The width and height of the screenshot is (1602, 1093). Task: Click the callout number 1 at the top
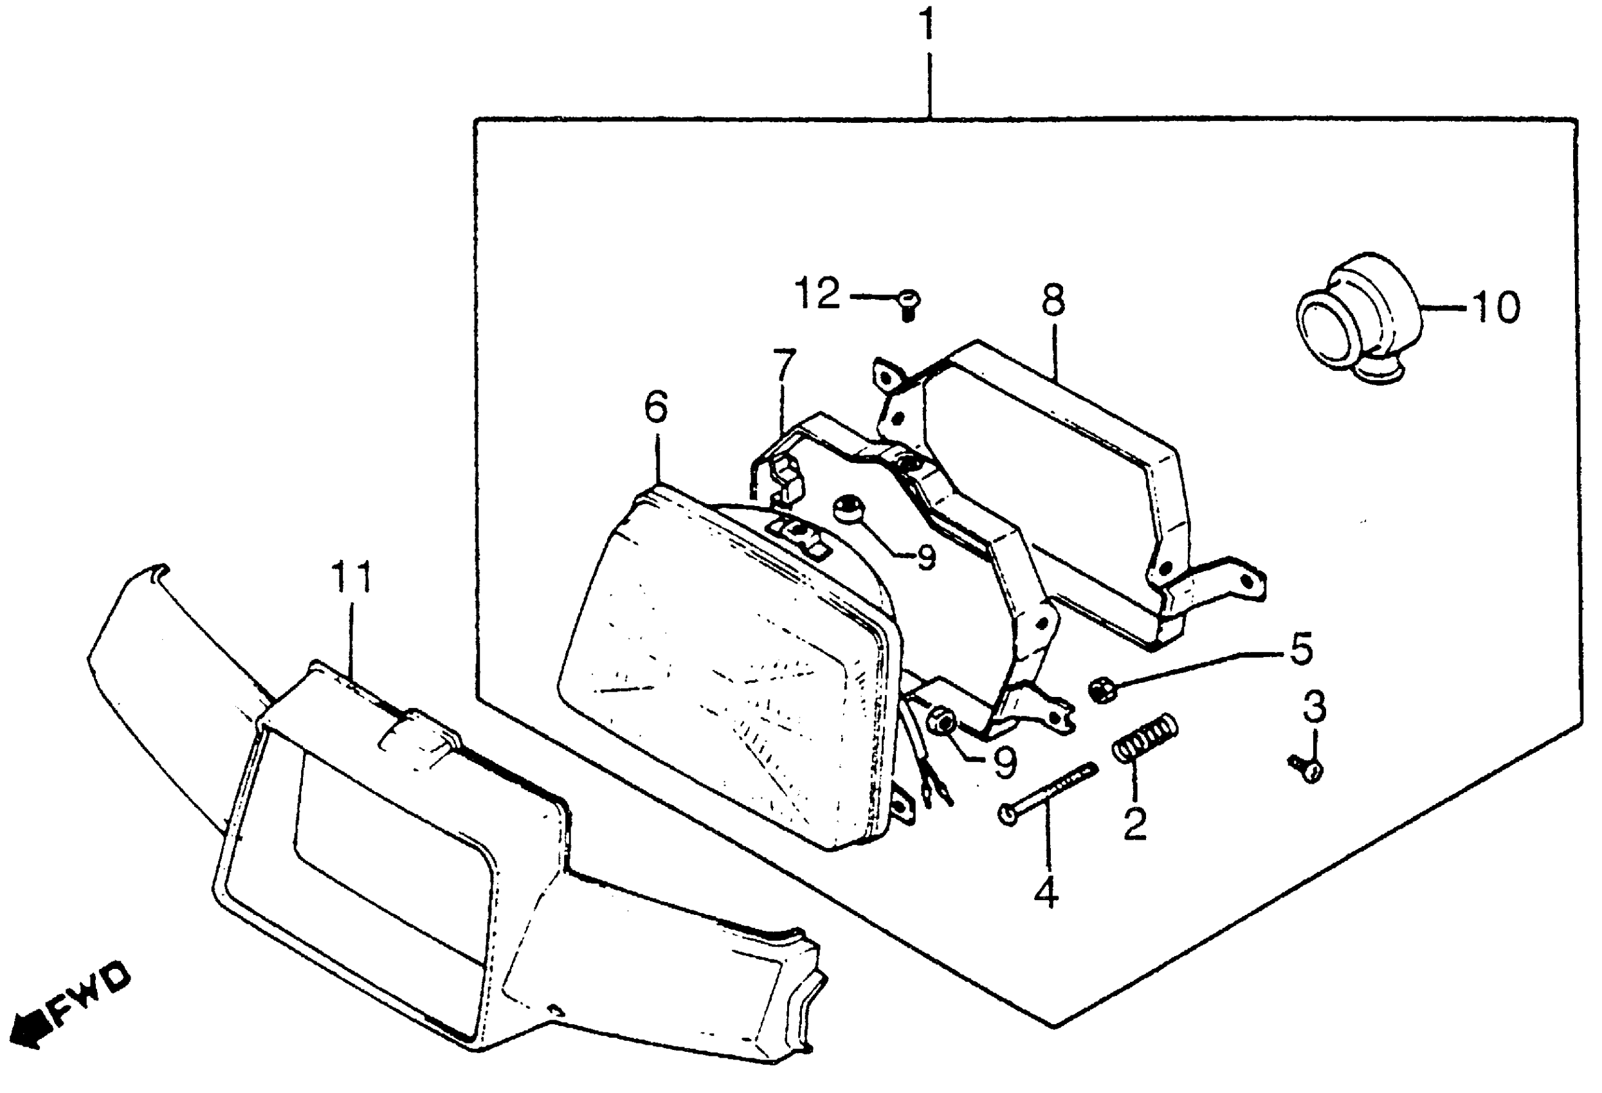(929, 26)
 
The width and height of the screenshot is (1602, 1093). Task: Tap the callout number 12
(818, 294)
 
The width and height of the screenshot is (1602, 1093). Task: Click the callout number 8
(1053, 301)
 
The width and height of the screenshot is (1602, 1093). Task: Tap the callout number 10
(1496, 308)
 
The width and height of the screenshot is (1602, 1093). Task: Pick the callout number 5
(1302, 650)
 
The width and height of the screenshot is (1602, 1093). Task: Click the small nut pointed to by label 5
(1101, 689)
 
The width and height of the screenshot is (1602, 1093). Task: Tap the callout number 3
(1313, 708)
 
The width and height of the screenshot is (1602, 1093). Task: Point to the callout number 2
(1134, 824)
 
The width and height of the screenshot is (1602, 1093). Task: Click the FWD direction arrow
(29, 1029)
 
